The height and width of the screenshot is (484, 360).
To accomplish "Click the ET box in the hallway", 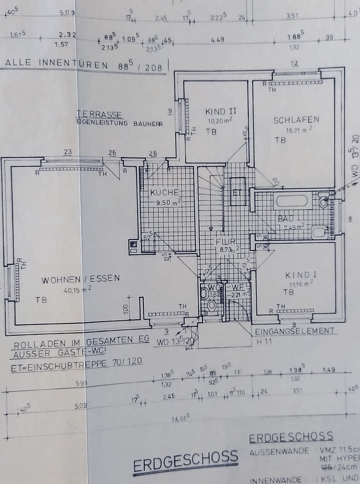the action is coord(237,191).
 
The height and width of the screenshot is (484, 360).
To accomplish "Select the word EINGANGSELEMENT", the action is coord(293,331).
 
